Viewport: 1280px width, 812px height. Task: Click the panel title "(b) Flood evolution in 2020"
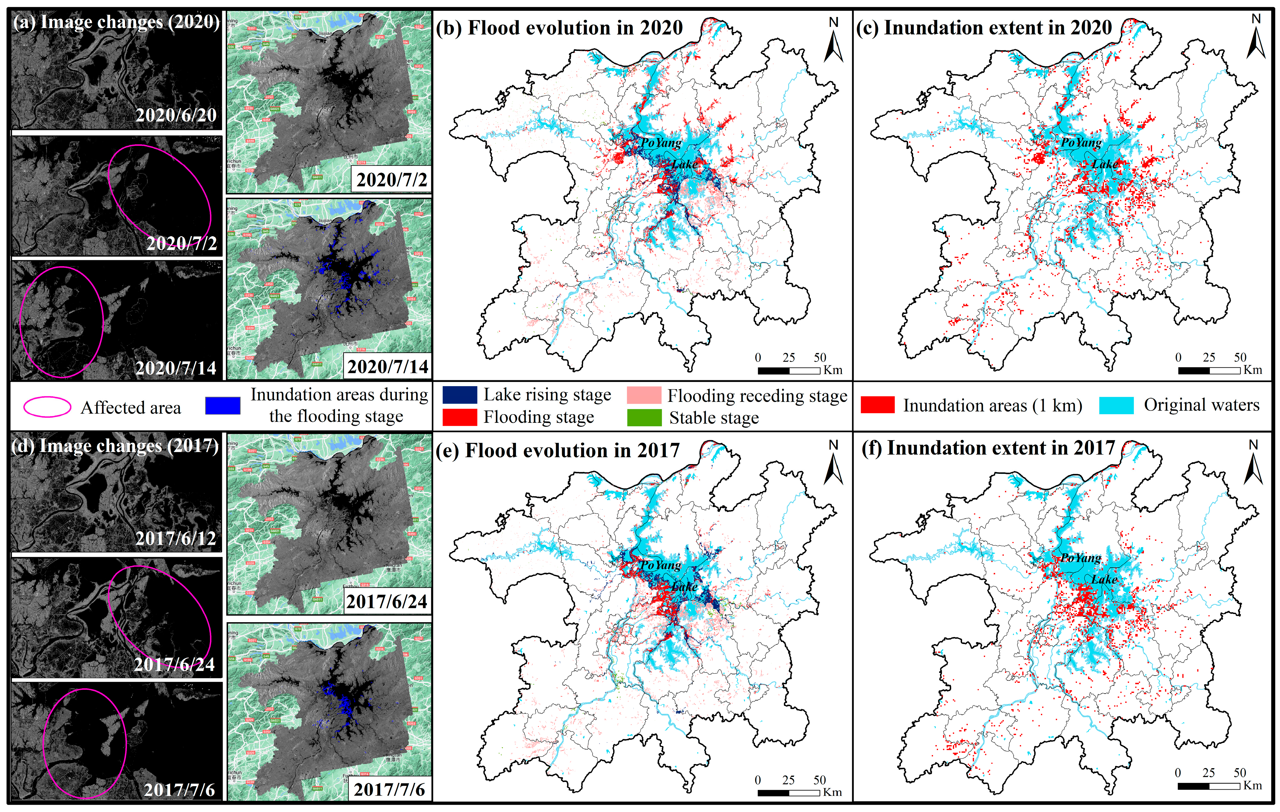point(559,28)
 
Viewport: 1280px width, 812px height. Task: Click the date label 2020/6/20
point(176,115)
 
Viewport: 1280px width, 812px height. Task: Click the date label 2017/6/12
point(176,538)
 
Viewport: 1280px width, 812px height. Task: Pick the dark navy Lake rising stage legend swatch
point(459,395)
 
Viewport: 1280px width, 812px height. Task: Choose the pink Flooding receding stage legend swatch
point(644,395)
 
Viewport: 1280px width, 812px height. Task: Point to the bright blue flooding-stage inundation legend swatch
point(223,405)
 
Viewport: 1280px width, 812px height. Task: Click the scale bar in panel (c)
point(1209,370)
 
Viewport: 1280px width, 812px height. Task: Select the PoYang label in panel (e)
point(661,565)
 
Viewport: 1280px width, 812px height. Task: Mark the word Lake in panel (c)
point(1104,164)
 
